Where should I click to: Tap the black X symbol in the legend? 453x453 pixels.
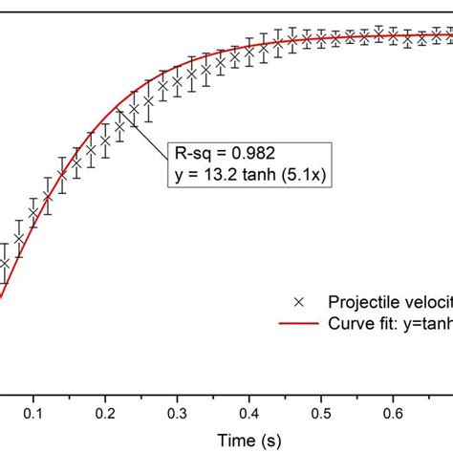(x=299, y=300)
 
